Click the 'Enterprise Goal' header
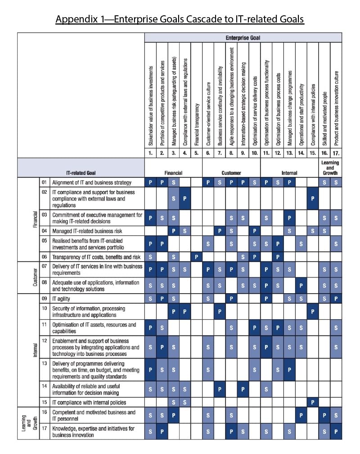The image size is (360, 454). (x=243, y=38)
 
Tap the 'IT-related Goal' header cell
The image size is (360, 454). (x=81, y=173)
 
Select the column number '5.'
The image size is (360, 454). (x=196, y=154)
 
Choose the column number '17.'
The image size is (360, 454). (x=336, y=154)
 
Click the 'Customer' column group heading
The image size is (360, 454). (x=231, y=173)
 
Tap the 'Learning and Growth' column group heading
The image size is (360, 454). (x=330, y=168)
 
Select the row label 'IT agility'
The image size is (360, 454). (x=61, y=299)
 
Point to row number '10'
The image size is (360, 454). (x=45, y=309)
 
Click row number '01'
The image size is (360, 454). (x=45, y=182)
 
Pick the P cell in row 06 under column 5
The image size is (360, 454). (x=196, y=257)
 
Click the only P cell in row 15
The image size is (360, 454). (x=313, y=402)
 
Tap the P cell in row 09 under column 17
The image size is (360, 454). (x=336, y=299)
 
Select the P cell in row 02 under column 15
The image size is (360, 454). (x=313, y=199)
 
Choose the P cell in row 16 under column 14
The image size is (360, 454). (x=301, y=416)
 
